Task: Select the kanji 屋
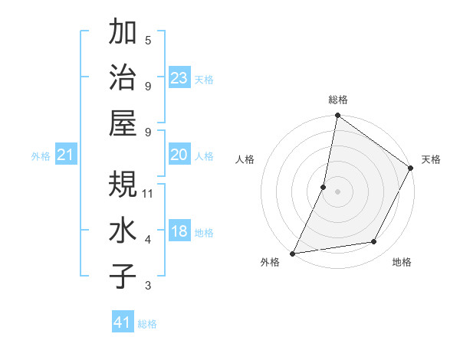pos(123,123)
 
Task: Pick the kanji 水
pos(123,230)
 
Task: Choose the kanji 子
pos(123,276)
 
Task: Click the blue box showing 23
pos(179,78)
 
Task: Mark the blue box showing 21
pos(66,155)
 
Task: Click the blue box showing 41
pos(123,322)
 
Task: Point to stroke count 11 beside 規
pos(148,193)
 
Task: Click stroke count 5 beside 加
pos(148,39)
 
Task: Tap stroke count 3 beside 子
pos(148,286)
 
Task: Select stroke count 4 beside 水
pos(148,240)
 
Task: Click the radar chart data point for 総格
pos(337,116)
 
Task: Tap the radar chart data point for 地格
pos(374,242)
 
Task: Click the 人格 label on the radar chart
pos(245,159)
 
